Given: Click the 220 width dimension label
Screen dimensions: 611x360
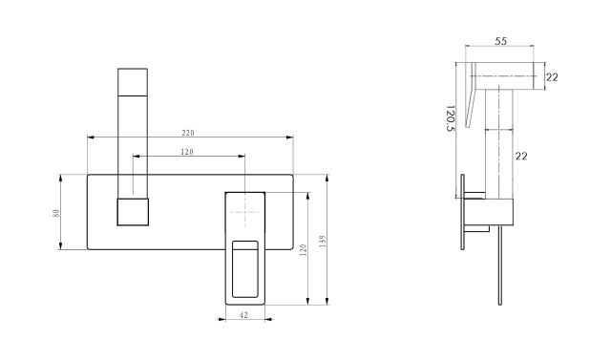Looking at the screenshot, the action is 188,133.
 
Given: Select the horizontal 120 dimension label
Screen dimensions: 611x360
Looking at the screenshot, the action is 187,152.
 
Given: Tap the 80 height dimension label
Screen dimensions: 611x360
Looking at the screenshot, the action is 56,213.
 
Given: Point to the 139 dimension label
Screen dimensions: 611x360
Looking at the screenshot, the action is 322,242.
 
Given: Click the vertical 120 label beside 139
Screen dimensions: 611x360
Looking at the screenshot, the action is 304,250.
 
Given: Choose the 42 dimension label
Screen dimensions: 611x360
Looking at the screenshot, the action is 243,315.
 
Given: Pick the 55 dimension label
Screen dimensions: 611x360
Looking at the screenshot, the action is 500,41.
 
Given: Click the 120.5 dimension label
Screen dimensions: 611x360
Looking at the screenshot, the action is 450,118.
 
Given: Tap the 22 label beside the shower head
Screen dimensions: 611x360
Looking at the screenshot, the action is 552,77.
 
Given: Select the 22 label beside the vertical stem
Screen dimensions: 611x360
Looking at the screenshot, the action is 521,157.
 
